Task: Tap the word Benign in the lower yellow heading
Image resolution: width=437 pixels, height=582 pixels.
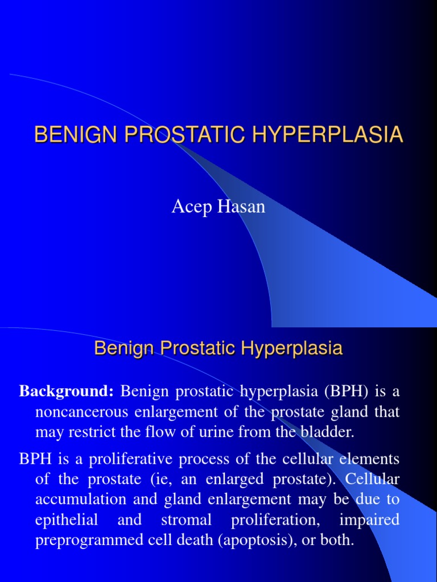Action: point(121,348)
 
